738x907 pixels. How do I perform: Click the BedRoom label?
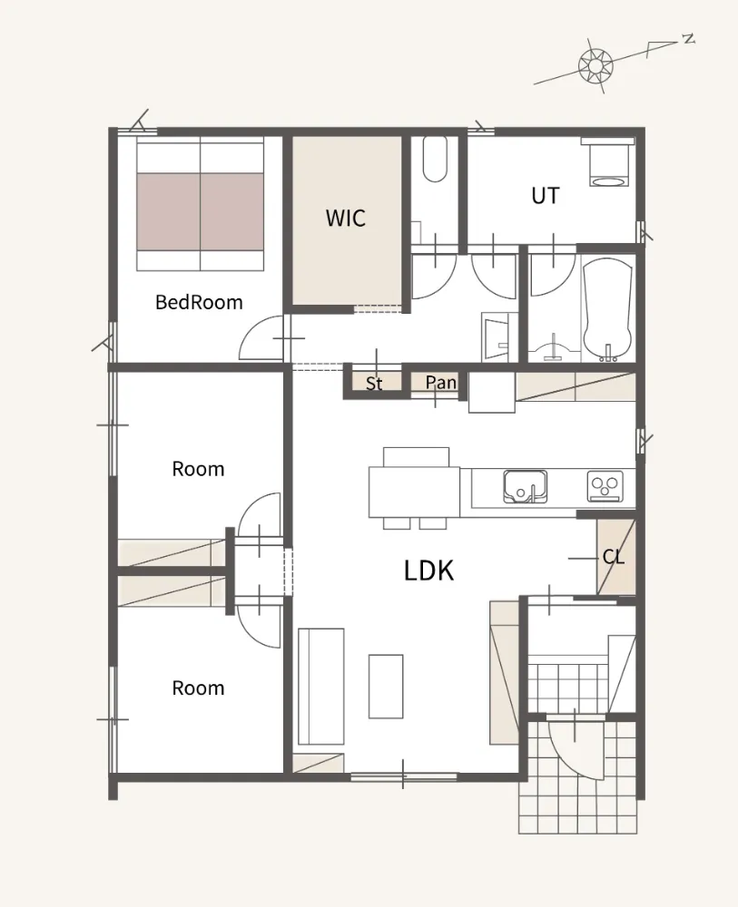point(199,302)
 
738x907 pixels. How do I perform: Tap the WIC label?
point(346,218)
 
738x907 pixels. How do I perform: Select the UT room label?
point(546,196)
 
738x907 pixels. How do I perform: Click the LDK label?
point(428,571)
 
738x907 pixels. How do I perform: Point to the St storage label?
point(374,383)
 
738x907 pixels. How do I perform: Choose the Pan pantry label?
point(440,382)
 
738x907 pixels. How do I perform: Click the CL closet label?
point(613,557)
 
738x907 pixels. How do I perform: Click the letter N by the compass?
point(688,39)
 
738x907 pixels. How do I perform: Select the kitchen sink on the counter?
point(525,486)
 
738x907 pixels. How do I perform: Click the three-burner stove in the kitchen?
point(605,486)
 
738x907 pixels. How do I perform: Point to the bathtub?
point(607,309)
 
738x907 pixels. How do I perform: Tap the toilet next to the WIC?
point(435,159)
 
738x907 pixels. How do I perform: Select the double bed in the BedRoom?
point(201,203)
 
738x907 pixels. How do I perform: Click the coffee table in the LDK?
point(386,686)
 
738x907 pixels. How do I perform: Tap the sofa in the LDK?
point(321,686)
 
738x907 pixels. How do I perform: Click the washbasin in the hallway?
point(496,337)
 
